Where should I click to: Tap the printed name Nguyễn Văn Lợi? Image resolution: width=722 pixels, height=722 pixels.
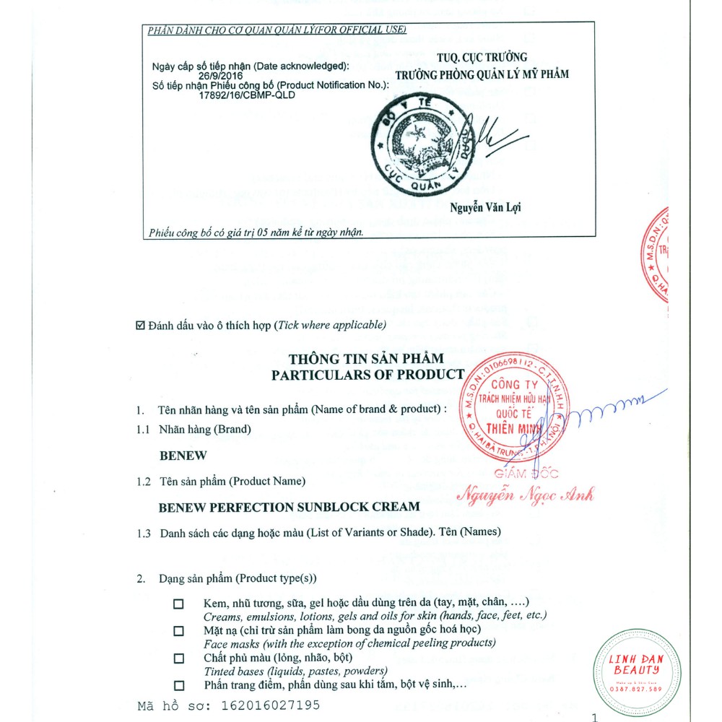click(x=485, y=207)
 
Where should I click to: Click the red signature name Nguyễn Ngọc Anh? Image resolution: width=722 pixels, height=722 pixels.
click(x=526, y=495)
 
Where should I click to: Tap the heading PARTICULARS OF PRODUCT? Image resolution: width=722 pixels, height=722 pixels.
click(x=367, y=375)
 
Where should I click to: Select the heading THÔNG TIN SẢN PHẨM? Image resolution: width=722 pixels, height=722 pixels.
click(x=367, y=359)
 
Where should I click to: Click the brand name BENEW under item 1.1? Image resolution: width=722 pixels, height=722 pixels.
click(x=183, y=456)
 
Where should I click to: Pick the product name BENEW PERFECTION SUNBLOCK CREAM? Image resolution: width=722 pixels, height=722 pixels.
click(x=289, y=507)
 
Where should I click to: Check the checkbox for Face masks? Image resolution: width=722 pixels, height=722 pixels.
click(x=178, y=631)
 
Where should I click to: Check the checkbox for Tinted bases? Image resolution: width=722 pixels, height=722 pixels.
click(x=178, y=658)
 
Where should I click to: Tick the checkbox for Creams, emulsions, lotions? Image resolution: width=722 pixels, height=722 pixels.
click(x=178, y=604)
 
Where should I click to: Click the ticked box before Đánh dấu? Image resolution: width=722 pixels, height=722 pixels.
click(x=141, y=326)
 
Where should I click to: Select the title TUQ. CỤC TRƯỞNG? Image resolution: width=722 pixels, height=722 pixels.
click(x=482, y=58)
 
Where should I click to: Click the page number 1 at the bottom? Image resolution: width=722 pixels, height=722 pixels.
click(x=594, y=717)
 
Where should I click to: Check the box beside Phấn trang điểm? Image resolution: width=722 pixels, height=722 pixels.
click(x=178, y=685)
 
